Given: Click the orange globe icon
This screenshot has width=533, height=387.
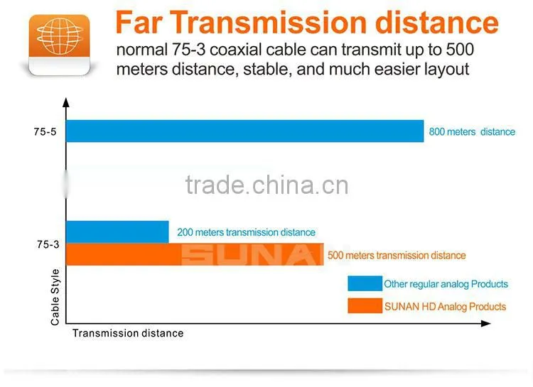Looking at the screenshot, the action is [x=60, y=44].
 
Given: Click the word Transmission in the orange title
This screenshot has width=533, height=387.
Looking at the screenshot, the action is [x=270, y=23].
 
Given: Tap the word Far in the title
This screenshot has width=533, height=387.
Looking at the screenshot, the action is [x=139, y=23].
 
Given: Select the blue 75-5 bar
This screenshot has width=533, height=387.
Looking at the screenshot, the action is [x=244, y=131].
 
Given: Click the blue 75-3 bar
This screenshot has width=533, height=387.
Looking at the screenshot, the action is [x=117, y=231].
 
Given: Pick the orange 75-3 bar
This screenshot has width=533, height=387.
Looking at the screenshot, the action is [x=195, y=254].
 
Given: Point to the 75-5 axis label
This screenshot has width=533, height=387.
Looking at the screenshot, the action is [x=45, y=131].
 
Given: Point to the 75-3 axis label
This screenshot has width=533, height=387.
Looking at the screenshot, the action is [x=48, y=244].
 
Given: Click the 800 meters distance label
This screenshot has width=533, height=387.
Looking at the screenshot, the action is [x=472, y=132].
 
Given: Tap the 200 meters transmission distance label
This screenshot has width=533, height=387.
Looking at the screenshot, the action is [x=246, y=232].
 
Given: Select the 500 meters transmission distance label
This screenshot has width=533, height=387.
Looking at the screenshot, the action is [x=397, y=256].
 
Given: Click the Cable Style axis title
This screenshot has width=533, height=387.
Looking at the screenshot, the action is [x=55, y=297].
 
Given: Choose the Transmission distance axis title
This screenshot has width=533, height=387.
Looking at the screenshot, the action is [x=128, y=333].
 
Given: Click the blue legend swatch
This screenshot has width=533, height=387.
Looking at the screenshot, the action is [x=365, y=283].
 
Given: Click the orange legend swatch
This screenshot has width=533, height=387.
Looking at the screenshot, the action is [x=365, y=305].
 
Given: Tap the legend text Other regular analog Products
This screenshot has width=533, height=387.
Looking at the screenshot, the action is [x=446, y=284].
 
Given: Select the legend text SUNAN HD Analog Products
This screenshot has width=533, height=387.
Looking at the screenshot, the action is [x=446, y=307].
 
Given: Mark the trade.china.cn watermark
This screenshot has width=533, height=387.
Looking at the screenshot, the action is [x=267, y=185].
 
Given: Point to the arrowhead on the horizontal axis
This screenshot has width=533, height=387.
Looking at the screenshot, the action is [x=486, y=324].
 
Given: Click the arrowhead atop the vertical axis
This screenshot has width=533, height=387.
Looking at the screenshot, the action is [x=66, y=103].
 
